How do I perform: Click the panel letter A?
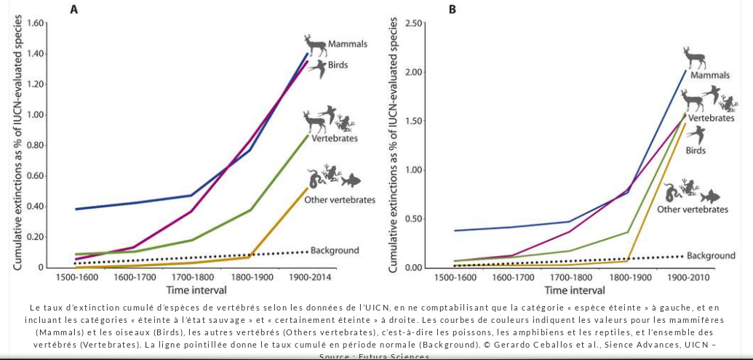coord(74,9)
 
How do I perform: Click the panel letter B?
coord(452,9)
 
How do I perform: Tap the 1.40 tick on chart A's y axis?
coord(36,54)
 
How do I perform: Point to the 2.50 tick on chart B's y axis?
coord(414,23)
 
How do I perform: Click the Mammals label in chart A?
coord(347,44)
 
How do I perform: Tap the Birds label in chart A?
coord(338,65)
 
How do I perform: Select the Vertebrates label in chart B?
coord(711,118)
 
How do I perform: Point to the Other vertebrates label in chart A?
coord(339,200)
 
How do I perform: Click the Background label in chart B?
coord(711,256)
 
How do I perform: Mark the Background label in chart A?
coord(335,251)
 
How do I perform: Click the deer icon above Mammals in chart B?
coord(694,58)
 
